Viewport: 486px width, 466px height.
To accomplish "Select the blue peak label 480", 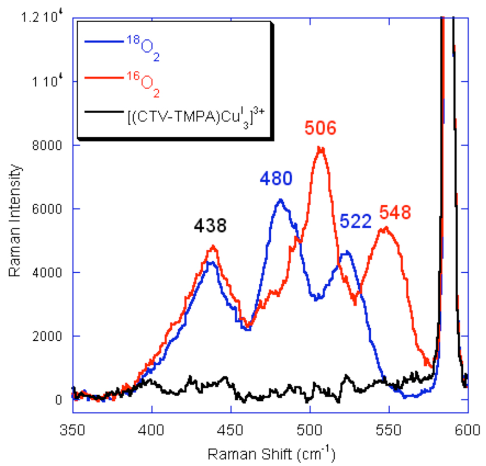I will coord(276,178).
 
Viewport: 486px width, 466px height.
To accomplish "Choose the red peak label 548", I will coord(395,213).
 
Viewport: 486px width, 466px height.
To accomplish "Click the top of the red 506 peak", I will coord(320,148).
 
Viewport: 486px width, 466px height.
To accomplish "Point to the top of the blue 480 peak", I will coord(280,200).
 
